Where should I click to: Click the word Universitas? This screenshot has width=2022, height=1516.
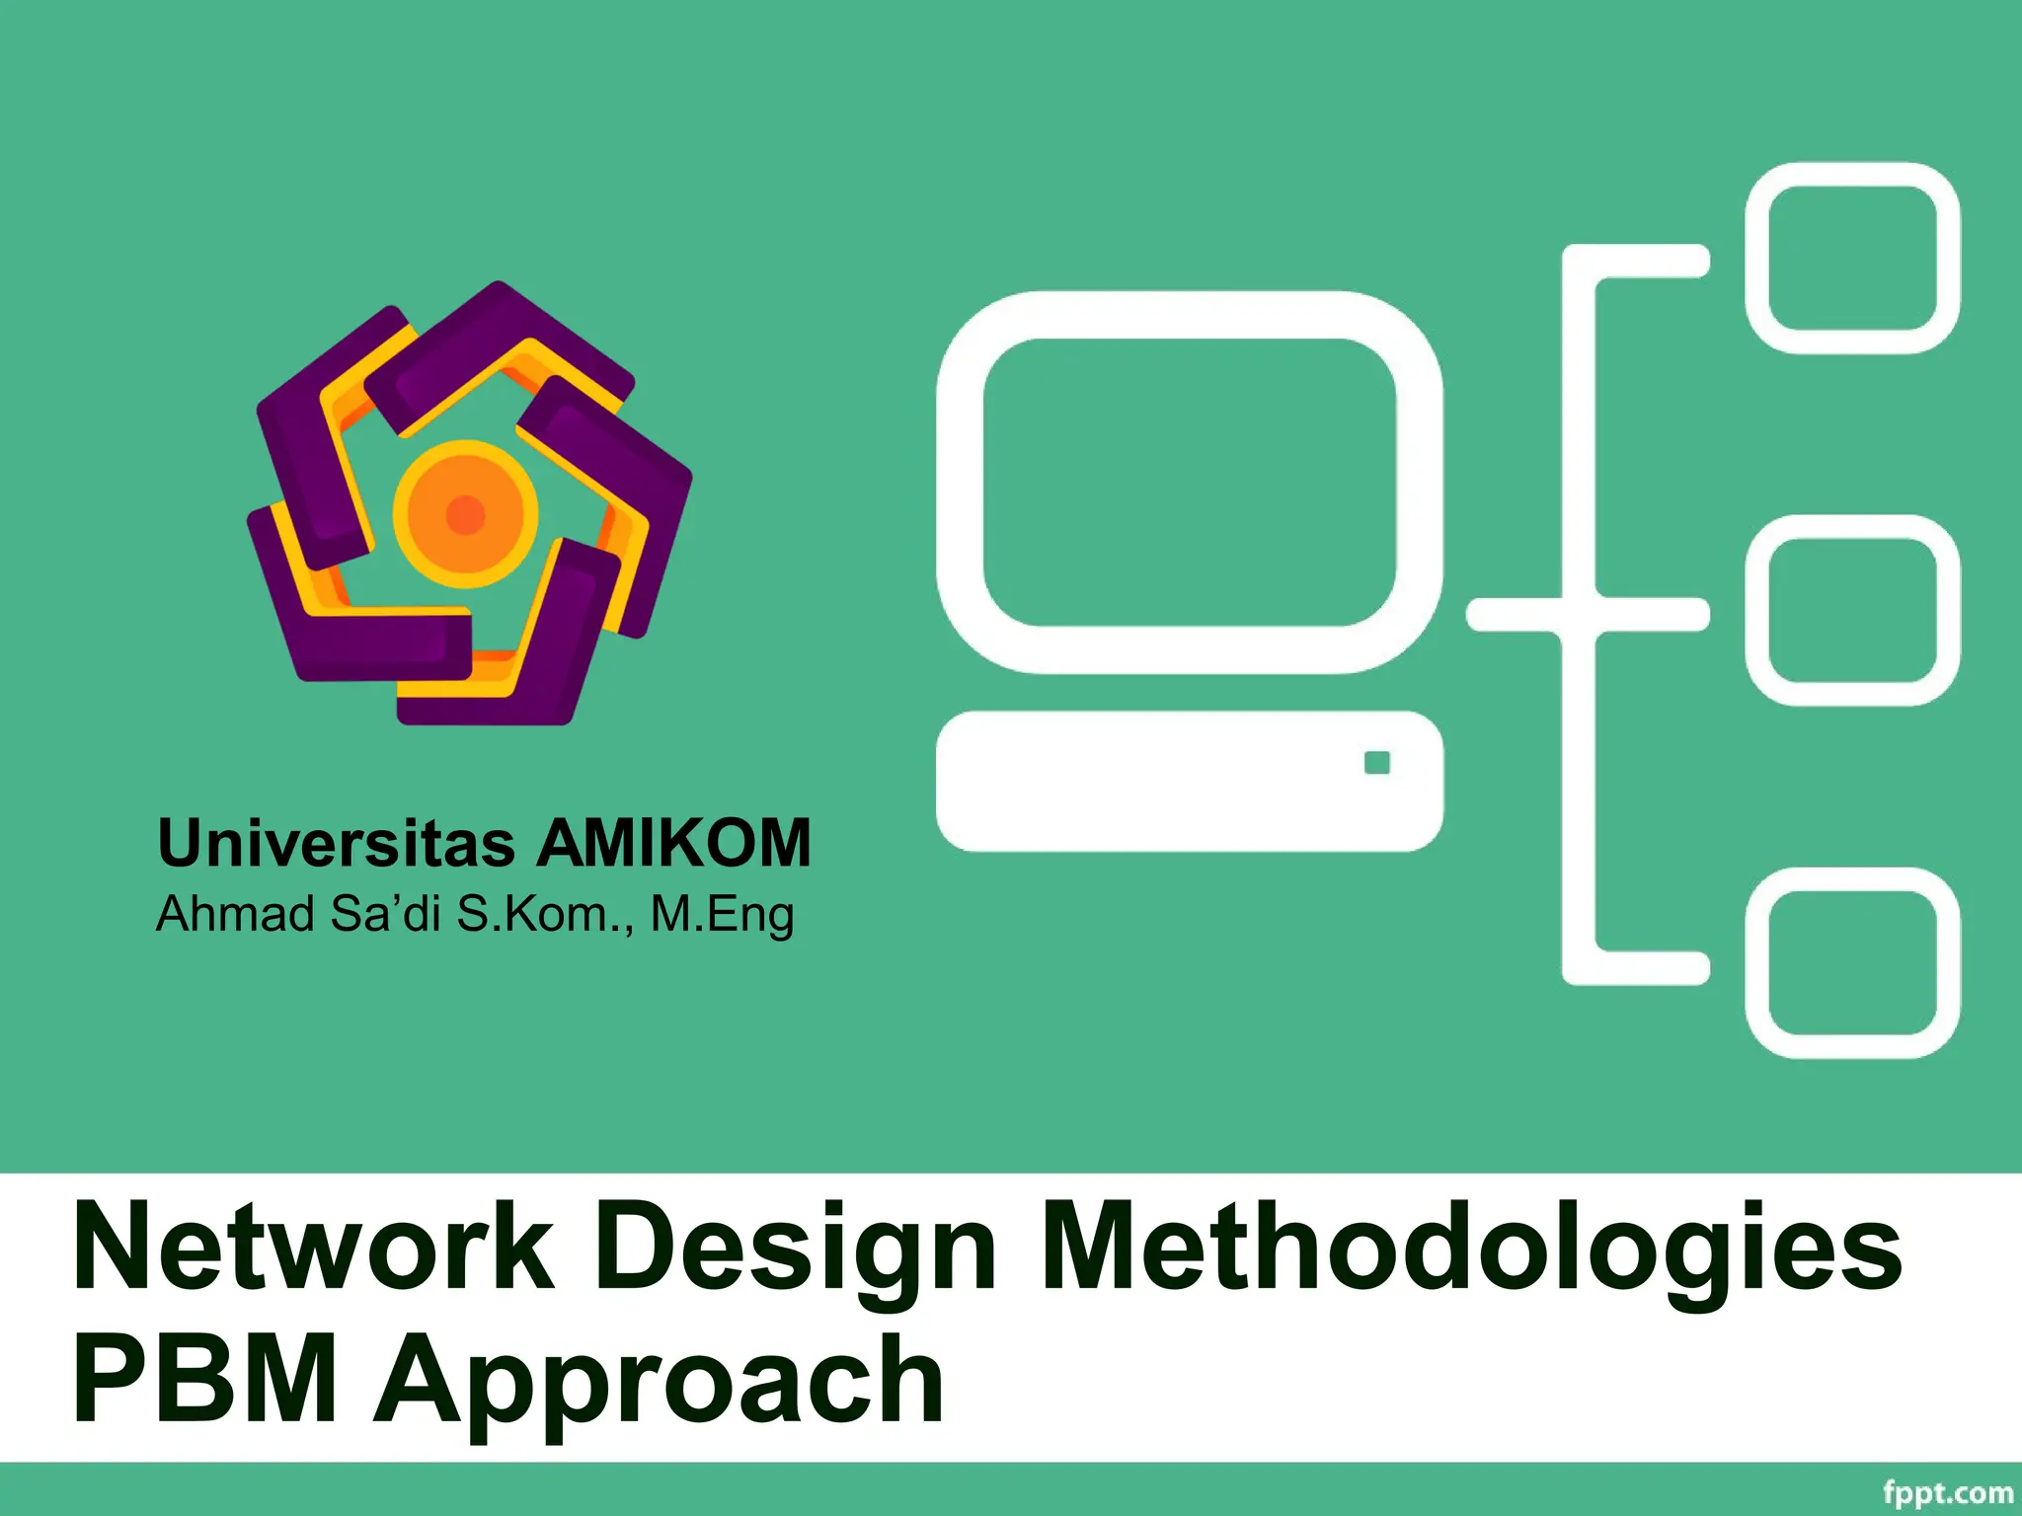pyautogui.click(x=336, y=844)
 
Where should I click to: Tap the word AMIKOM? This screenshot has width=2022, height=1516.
pyautogui.click(x=673, y=844)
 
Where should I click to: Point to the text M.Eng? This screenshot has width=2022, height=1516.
pyautogui.click(x=722, y=914)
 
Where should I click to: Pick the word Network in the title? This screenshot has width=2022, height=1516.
pyautogui.click(x=314, y=1248)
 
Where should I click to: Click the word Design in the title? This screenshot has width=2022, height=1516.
pyautogui.click(x=795, y=1250)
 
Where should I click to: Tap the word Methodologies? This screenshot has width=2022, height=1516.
pyautogui.click(x=1471, y=1250)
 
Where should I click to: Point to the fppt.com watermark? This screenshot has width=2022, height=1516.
pyautogui.click(x=1947, y=1492)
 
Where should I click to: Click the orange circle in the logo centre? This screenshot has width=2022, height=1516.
pyautogui.click(x=466, y=513)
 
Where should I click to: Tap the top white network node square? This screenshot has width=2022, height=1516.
pyautogui.click(x=1852, y=259)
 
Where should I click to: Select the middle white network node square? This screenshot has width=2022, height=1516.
pyautogui.click(x=1852, y=610)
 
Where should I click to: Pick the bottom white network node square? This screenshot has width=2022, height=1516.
pyautogui.click(x=1852, y=962)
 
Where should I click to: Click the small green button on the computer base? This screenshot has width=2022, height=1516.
pyautogui.click(x=1376, y=763)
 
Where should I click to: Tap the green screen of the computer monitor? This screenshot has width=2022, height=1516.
pyautogui.click(x=1190, y=482)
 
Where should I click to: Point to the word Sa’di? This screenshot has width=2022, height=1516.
pyautogui.click(x=385, y=914)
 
